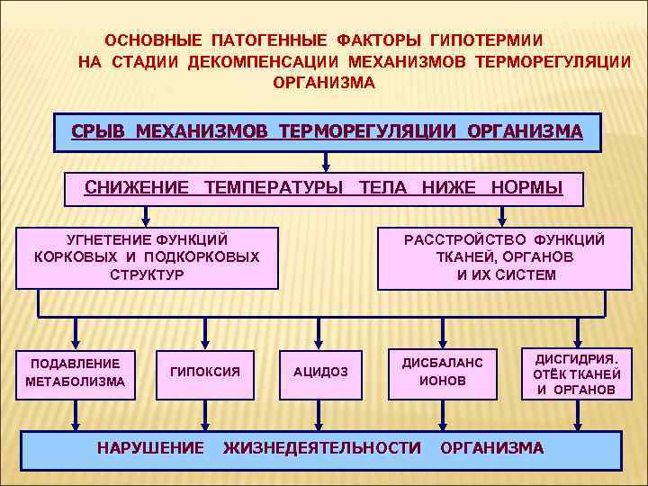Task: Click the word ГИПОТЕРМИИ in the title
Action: (486, 41)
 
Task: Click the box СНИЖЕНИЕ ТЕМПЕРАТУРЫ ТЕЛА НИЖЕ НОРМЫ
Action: (323, 188)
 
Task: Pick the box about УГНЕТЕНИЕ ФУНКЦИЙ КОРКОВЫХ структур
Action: (147, 256)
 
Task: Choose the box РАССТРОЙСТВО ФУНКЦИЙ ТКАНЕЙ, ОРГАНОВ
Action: (505, 256)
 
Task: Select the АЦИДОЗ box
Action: (320, 372)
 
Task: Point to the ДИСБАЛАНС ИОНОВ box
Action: (442, 372)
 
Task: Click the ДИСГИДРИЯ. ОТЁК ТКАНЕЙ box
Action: (576, 373)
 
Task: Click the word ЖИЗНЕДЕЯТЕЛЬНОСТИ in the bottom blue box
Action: (321, 447)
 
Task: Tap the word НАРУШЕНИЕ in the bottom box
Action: (150, 447)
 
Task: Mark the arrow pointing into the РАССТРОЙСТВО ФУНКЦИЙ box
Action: (502, 216)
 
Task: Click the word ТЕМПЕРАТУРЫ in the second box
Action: (274, 188)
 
